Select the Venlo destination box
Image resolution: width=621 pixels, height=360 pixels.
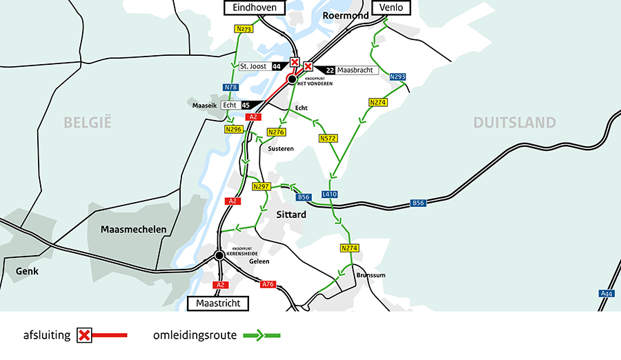coord(392,8)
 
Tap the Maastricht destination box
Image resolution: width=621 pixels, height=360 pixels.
coord(217,303)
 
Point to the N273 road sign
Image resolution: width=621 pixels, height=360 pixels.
coord(244,29)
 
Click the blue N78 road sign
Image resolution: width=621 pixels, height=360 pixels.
coord(230,88)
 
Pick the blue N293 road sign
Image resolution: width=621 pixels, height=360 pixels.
coord(397,77)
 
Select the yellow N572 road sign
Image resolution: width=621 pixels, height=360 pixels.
coord(328,139)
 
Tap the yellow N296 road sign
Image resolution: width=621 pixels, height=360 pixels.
coord(234,129)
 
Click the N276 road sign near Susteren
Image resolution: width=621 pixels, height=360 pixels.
coord(276,132)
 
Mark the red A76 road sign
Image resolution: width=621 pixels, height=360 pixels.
coord(268,284)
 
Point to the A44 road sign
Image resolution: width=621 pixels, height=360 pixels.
coord(606,294)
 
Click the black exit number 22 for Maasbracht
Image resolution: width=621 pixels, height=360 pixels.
coord(330,70)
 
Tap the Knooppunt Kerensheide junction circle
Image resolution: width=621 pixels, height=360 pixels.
coord(219,255)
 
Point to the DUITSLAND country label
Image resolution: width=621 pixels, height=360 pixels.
coord(514,123)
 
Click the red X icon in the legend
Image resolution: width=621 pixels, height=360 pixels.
coord(85,336)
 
